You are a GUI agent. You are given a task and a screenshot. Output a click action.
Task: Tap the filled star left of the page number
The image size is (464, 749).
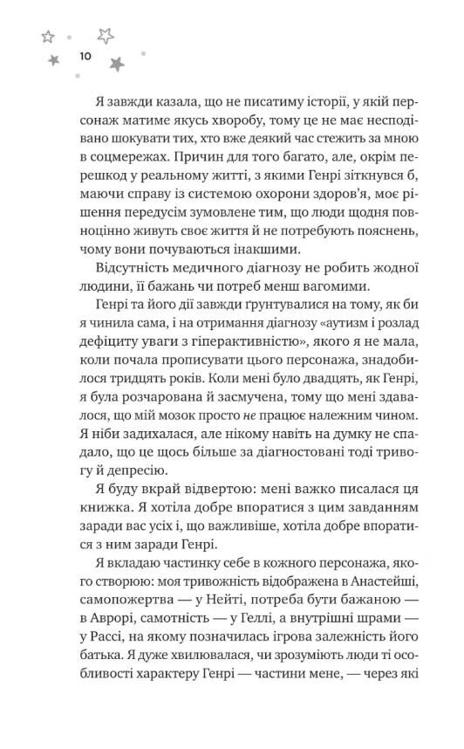tap(53, 58)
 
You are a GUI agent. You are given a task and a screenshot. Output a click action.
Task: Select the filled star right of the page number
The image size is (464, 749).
tap(116, 63)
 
